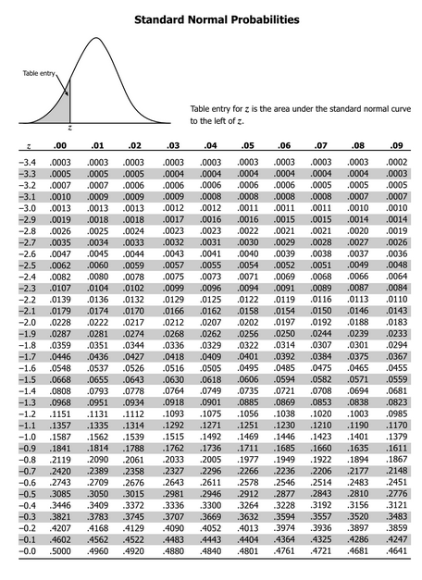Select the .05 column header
click(247, 145)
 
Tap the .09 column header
click(397, 145)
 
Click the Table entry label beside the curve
click(38, 73)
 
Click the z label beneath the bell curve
click(69, 127)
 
